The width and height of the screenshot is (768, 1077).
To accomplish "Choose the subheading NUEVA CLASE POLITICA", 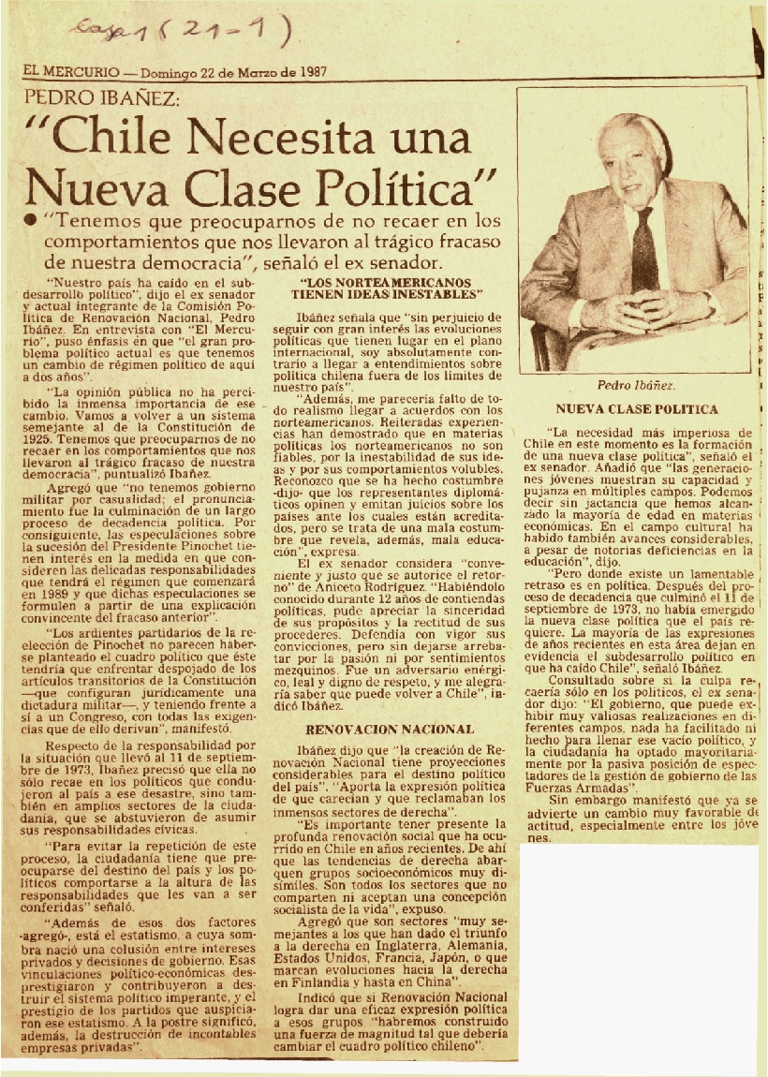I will click(636, 409).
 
